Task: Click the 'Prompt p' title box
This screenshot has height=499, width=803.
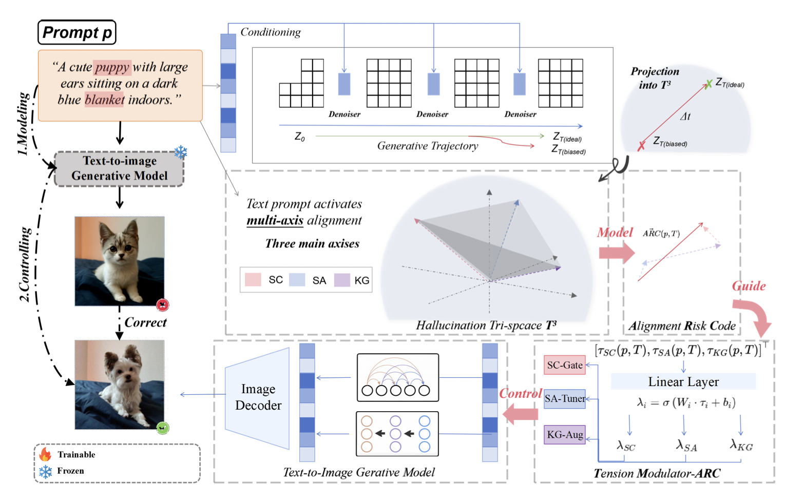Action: click(x=77, y=32)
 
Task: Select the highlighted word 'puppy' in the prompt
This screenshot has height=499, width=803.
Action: click(x=112, y=67)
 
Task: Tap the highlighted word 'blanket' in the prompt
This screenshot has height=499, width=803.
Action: click(x=105, y=100)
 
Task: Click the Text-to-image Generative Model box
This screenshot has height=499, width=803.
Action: click(x=119, y=168)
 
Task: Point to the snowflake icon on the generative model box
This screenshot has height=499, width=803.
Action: click(x=180, y=152)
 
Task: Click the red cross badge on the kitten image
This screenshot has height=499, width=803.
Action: click(x=163, y=305)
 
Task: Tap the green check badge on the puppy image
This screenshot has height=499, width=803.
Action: click(x=163, y=428)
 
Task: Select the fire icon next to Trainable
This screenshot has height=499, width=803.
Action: click(x=45, y=454)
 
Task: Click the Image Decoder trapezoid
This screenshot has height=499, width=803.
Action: click(x=258, y=397)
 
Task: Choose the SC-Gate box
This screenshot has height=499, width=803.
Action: click(x=565, y=365)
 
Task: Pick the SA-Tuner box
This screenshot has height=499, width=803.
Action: click(x=565, y=398)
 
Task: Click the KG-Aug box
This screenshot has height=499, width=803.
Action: click(x=565, y=434)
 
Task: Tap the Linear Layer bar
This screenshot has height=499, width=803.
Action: click(x=683, y=381)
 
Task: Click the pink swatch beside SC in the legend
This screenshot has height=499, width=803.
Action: click(x=253, y=280)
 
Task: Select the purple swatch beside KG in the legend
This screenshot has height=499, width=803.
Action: click(x=342, y=280)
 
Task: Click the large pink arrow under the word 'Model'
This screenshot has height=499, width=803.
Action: click(x=617, y=253)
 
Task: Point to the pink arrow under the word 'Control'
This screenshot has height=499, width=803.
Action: click(x=521, y=414)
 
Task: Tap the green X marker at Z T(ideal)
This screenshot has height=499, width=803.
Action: click(x=709, y=84)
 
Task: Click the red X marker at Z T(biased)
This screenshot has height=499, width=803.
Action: click(x=641, y=146)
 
